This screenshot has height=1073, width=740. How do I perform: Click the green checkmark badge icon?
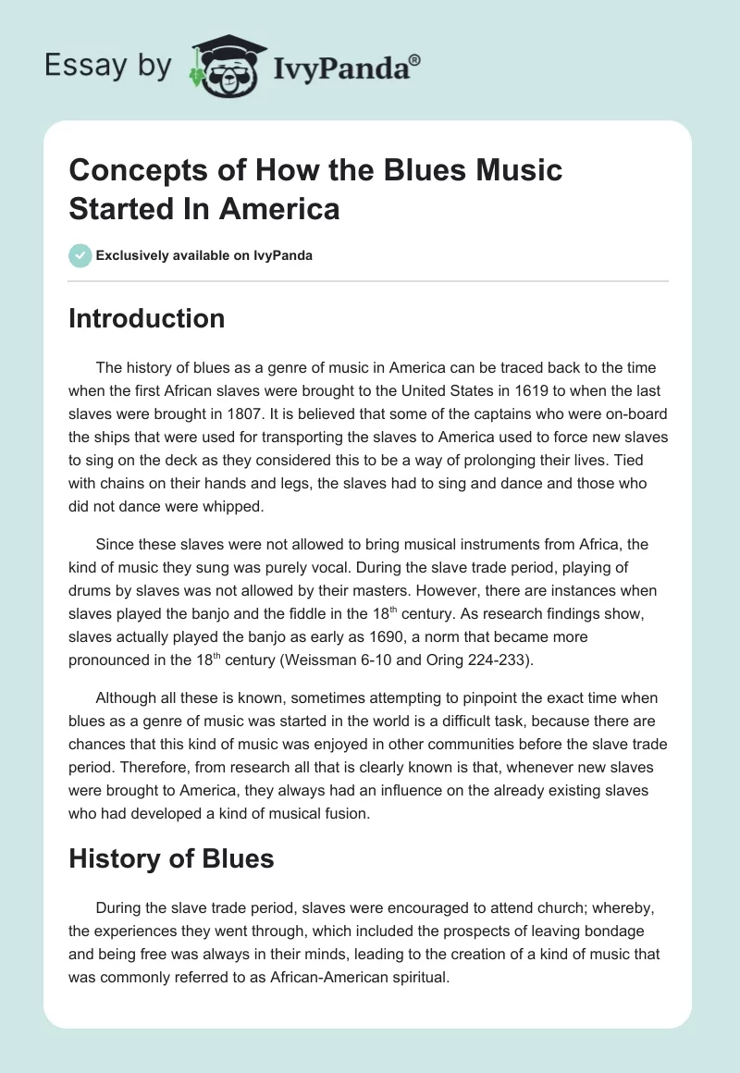tap(80, 255)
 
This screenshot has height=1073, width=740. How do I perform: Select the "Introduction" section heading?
tap(147, 318)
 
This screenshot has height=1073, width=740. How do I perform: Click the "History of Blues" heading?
tap(171, 858)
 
